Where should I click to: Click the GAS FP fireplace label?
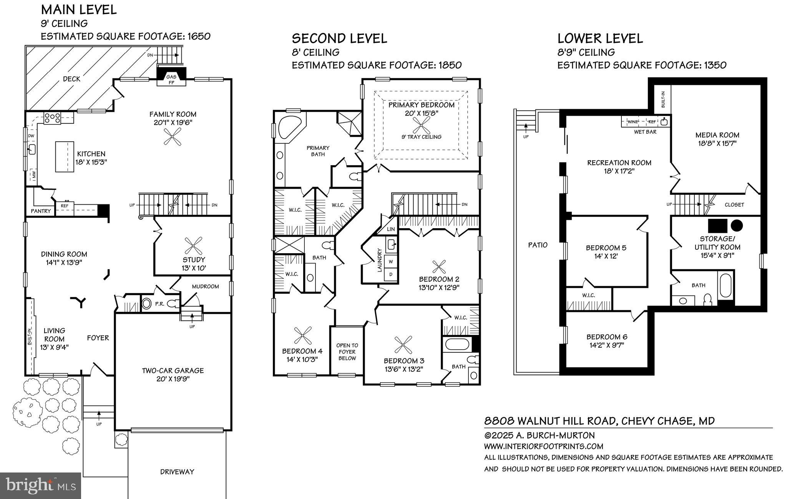[x=171, y=80]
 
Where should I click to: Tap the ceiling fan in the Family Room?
[x=173, y=136]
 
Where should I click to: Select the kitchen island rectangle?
[x=64, y=156]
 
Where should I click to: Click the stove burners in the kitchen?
[x=52, y=118]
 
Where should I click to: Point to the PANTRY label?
[x=41, y=211]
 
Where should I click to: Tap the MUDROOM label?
[x=205, y=286]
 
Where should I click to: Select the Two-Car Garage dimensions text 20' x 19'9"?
[x=173, y=379]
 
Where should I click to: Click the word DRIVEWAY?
[x=177, y=472]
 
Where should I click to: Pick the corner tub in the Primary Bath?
[x=290, y=127]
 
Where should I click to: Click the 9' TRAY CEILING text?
[x=422, y=137]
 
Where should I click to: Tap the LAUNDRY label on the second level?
[x=380, y=260]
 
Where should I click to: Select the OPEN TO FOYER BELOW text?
[x=347, y=352]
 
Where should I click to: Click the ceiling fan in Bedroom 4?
[x=302, y=335]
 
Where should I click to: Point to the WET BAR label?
[x=645, y=132]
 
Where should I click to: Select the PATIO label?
[x=538, y=245]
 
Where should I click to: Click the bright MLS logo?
[x=41, y=486]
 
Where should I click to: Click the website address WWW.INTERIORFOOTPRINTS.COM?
[x=543, y=446]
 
